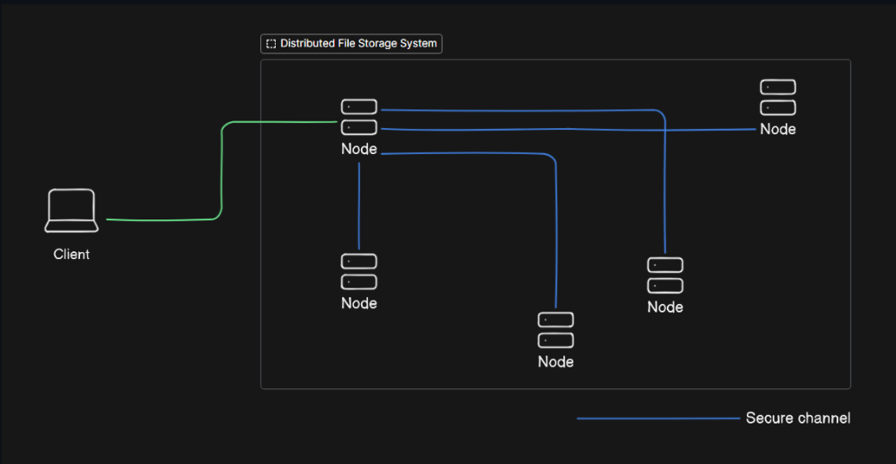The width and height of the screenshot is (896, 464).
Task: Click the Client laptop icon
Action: [71, 211]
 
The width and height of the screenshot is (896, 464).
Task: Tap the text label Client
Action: [72, 255]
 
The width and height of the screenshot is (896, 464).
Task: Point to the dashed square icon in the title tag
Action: [271, 44]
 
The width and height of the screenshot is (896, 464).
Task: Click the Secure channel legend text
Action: [798, 418]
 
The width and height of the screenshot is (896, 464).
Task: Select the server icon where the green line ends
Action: [359, 117]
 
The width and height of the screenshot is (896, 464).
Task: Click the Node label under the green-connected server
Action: [359, 149]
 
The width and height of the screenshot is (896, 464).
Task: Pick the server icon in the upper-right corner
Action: [778, 97]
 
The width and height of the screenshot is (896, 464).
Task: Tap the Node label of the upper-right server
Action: [778, 129]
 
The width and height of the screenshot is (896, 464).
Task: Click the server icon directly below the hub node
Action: [359, 271]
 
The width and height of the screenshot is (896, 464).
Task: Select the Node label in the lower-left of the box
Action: [359, 303]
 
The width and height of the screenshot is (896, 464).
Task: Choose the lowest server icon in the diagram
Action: [556, 331]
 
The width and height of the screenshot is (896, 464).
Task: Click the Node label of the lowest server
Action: [556, 362]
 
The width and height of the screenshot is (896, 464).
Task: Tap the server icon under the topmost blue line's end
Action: [665, 275]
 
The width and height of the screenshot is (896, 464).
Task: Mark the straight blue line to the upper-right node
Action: [569, 129]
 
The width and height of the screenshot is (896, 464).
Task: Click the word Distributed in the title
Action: [308, 43]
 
